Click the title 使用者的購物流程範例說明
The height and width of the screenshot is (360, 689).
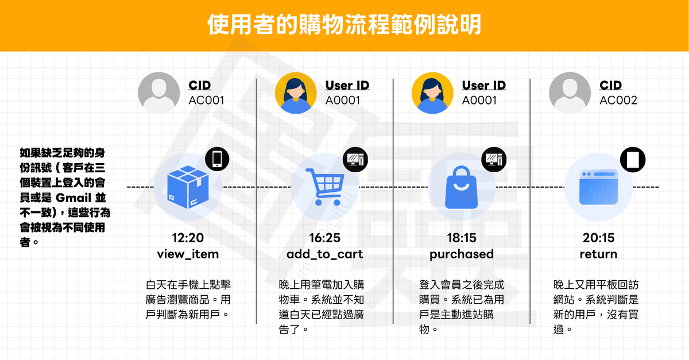pos(344,26)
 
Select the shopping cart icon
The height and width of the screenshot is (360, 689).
pos(324,187)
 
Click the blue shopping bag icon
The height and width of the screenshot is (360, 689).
pos(462,187)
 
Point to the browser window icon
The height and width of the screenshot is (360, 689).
pos(598,187)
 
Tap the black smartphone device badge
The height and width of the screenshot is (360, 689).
pos(217,158)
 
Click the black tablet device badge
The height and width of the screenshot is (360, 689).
pos(632,158)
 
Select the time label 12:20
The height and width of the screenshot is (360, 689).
pos(188,238)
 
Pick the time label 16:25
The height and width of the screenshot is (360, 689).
pos(324,238)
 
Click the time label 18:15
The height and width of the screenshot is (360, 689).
pos(462,238)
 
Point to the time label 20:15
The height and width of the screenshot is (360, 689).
pos(598,238)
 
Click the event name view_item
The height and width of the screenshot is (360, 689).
pos(188,254)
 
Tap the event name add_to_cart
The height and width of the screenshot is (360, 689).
pos(324,254)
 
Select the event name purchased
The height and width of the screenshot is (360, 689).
pos(462,254)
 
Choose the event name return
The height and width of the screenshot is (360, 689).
pos(598,254)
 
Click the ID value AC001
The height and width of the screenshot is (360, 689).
pos(207,100)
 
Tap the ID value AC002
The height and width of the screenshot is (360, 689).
pos(618,100)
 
